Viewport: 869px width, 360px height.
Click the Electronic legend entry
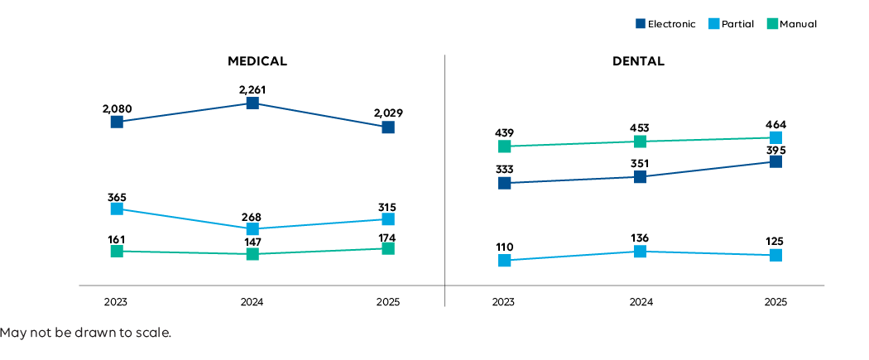[x=665, y=24]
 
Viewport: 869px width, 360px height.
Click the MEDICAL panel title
[x=257, y=61]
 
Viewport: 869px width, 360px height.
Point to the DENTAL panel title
[x=638, y=61]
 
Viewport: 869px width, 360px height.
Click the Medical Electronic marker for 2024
[x=252, y=103]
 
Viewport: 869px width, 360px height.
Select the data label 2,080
[x=117, y=108]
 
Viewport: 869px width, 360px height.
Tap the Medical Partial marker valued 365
[x=117, y=209]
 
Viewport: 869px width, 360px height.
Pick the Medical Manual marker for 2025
[x=387, y=248]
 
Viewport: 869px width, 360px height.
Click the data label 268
[x=252, y=217]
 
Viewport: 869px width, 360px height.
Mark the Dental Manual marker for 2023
[x=504, y=146]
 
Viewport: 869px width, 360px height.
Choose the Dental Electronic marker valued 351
[x=640, y=177]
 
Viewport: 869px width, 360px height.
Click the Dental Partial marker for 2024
[x=640, y=252]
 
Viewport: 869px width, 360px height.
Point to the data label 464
[x=775, y=125]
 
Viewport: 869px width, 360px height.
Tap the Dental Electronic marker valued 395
[x=775, y=161]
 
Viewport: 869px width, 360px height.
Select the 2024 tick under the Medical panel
[x=252, y=303]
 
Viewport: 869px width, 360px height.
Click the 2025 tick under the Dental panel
[x=775, y=303]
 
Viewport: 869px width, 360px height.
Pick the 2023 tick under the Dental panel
[x=504, y=303]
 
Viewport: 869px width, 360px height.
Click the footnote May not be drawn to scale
[x=86, y=333]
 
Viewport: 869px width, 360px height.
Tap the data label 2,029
[x=387, y=113]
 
